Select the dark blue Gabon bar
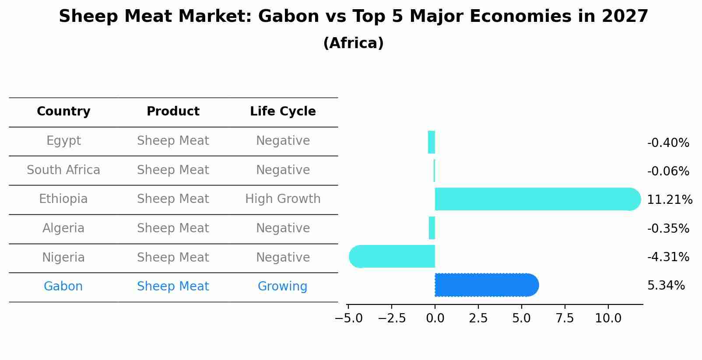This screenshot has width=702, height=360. (x=486, y=285)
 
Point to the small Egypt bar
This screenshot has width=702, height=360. (x=432, y=142)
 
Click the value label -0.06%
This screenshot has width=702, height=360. (x=668, y=171)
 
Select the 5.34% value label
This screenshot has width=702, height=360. (x=666, y=286)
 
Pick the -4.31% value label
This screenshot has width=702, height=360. (x=668, y=257)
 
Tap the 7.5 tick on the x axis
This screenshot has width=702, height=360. (x=565, y=318)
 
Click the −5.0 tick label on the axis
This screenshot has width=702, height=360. (x=348, y=318)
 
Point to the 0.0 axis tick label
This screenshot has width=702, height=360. (x=435, y=318)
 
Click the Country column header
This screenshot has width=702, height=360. (x=63, y=112)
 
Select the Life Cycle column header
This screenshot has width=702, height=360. (x=283, y=112)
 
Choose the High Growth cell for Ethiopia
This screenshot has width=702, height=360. (x=283, y=199)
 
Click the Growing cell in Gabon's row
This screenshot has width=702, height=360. (x=282, y=287)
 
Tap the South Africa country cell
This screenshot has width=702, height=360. (x=63, y=170)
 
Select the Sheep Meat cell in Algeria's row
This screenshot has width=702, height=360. (x=173, y=228)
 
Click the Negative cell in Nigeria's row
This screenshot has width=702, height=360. (x=283, y=257)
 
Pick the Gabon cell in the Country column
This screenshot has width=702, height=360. (x=63, y=287)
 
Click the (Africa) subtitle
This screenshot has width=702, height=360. (x=353, y=43)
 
